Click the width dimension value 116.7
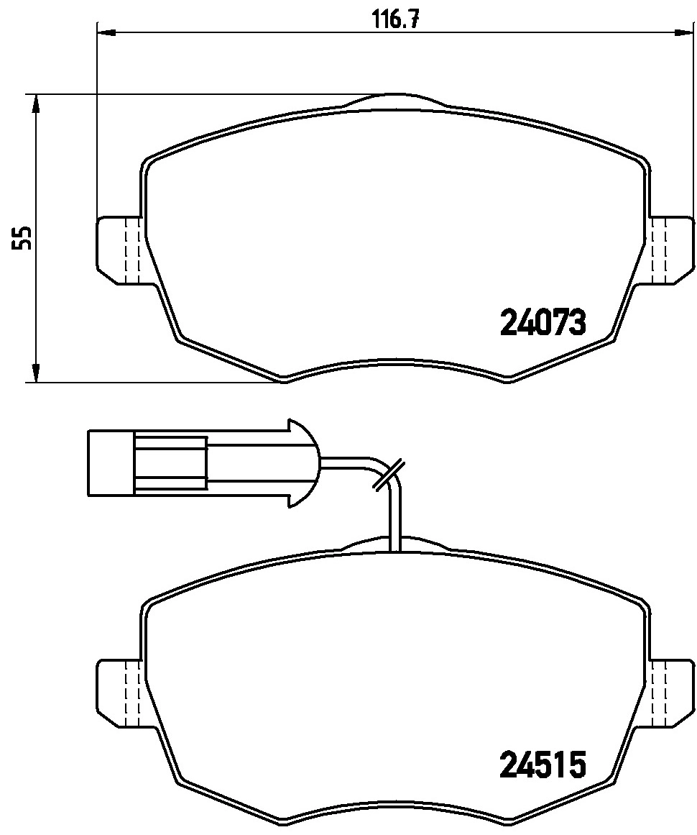(x=394, y=19)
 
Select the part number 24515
(x=543, y=765)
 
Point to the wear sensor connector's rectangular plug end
(x=111, y=462)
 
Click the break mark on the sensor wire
(x=389, y=475)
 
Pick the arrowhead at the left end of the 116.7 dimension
(x=105, y=32)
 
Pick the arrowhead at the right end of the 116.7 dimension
(x=686, y=32)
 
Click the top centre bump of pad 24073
(x=394, y=99)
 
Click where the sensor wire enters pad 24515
(x=394, y=549)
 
